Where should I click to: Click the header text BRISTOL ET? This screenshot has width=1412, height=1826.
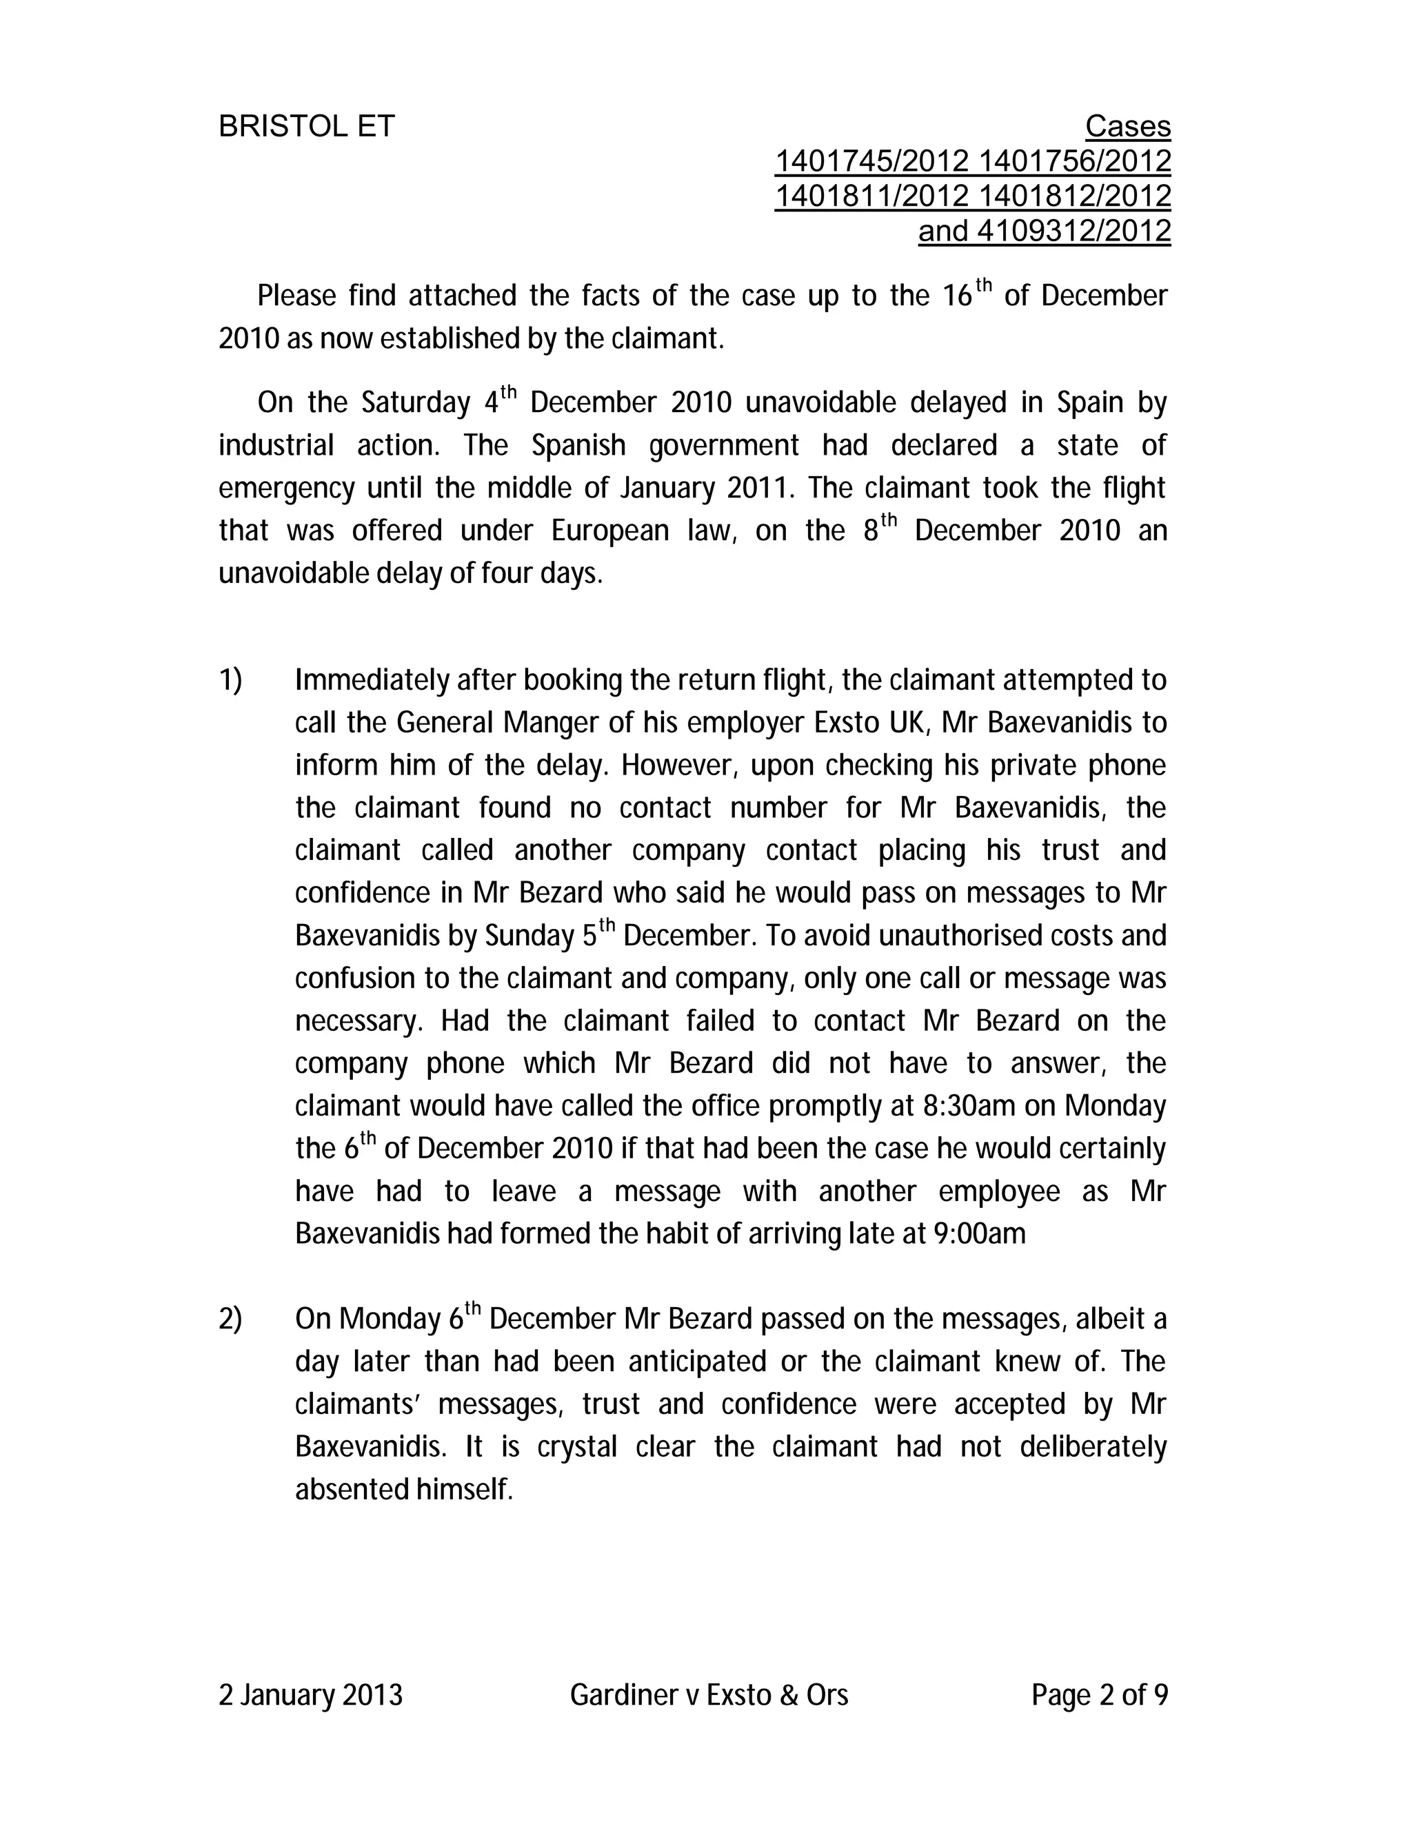pyautogui.click(x=306, y=126)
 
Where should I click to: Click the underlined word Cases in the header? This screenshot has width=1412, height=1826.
pyautogui.click(x=1127, y=126)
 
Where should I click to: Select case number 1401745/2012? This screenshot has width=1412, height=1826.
pyautogui.click(x=871, y=161)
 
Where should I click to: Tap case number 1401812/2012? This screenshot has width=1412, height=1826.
pyautogui.click(x=1074, y=196)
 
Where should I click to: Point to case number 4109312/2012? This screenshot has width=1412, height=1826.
pyautogui.click(x=1074, y=231)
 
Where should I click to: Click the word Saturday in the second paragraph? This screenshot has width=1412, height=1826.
pyautogui.click(x=416, y=403)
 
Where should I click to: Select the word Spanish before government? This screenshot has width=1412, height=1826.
pyautogui.click(x=578, y=446)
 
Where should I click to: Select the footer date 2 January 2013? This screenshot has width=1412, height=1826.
pyautogui.click(x=310, y=1696)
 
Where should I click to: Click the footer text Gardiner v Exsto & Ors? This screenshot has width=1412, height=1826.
pyautogui.click(x=709, y=1696)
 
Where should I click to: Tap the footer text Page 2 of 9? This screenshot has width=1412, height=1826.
pyautogui.click(x=1099, y=1696)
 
